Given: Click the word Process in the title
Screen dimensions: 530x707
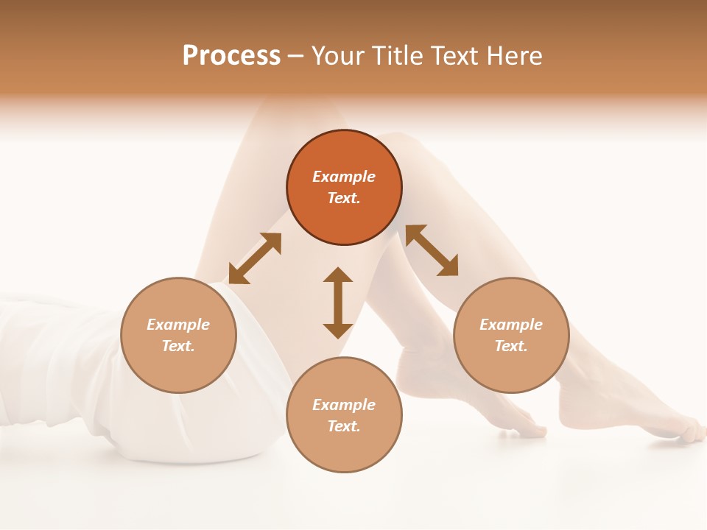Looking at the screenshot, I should [x=231, y=56].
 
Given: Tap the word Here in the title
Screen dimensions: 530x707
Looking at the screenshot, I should [x=513, y=56].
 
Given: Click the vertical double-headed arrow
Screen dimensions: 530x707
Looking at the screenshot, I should [x=338, y=303].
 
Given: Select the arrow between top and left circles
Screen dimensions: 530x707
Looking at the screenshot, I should [x=255, y=258].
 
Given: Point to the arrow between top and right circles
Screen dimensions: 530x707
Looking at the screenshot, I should [x=432, y=251].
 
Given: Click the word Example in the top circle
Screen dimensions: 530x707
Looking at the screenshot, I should [x=344, y=177].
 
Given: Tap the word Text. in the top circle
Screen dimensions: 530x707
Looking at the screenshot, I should [x=344, y=198].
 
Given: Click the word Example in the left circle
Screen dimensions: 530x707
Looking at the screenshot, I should [x=178, y=325].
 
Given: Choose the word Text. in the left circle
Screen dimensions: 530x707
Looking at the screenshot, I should [x=178, y=346].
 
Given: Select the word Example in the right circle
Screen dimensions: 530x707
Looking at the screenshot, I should [x=511, y=325].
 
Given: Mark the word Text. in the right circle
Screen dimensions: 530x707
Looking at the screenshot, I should [x=511, y=346].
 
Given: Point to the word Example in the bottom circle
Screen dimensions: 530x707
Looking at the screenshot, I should [x=344, y=405].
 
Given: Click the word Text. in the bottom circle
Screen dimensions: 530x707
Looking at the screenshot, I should [x=344, y=426].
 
